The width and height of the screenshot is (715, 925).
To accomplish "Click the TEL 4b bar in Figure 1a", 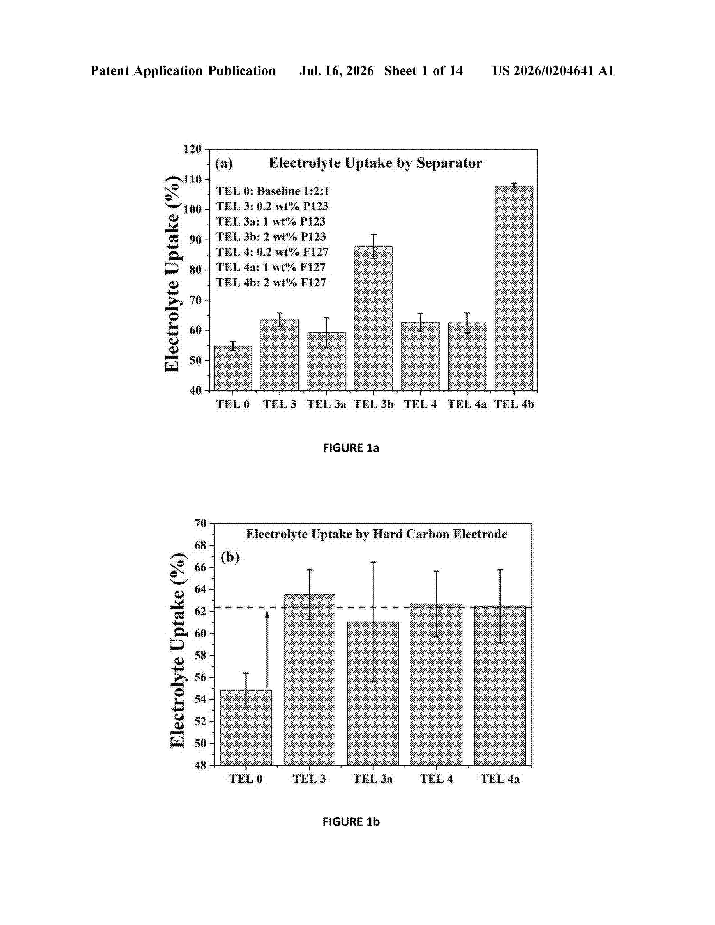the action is tap(514, 288).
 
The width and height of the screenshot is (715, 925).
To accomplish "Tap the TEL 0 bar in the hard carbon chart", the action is tap(246, 727).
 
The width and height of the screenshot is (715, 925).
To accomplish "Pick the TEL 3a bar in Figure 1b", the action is tap(373, 693).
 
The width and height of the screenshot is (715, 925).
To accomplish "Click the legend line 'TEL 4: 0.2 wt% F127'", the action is tap(272, 252).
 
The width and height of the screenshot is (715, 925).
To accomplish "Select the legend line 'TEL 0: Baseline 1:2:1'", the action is tap(272, 191).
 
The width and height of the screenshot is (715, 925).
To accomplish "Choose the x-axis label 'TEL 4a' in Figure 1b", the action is tap(500, 778).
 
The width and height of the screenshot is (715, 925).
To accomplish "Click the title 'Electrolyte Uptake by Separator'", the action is tap(375, 163).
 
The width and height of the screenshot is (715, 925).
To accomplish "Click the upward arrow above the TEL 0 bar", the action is tap(267, 650).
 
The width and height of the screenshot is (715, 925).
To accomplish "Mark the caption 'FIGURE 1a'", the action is tap(351, 448).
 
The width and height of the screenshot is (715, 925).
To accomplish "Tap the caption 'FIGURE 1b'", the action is tap(351, 822).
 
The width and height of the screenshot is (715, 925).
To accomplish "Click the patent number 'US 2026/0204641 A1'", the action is tap(553, 71).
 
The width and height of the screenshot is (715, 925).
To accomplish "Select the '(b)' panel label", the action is tap(230, 557).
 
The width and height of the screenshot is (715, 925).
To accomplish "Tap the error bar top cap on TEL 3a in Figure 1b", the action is tap(373, 562).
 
